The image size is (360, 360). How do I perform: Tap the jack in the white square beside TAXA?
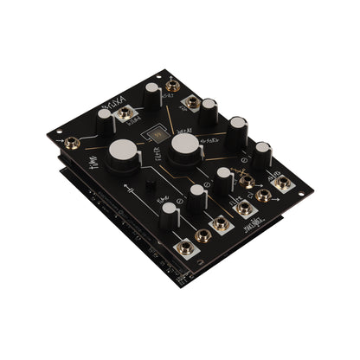click(x=126, y=113)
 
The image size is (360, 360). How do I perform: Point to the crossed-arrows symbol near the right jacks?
click(x=249, y=183)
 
